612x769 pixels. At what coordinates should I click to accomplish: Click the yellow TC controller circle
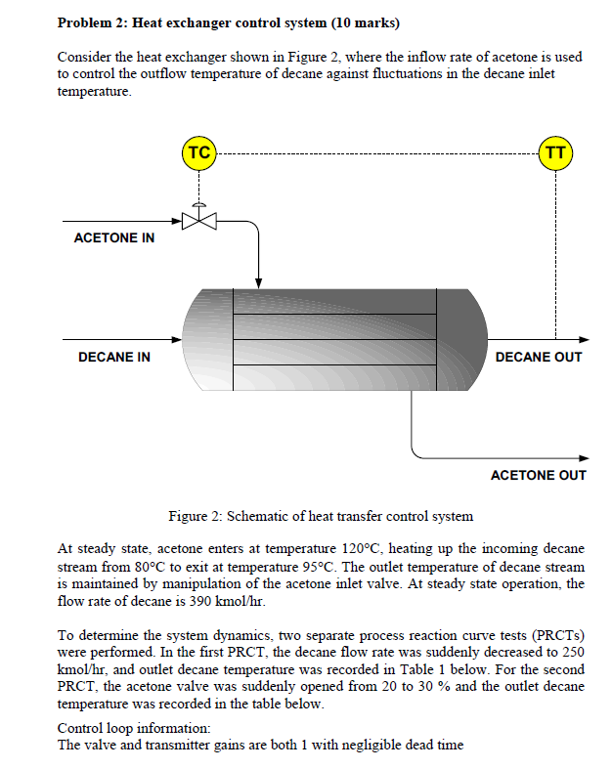point(198,153)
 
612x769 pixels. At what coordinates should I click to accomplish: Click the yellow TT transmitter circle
point(555,153)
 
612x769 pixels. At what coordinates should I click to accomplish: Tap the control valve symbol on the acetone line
point(199,221)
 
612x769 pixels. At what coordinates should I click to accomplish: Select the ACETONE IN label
point(114,238)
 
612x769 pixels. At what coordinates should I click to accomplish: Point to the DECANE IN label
point(114,358)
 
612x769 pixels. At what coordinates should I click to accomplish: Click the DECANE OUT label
point(539,358)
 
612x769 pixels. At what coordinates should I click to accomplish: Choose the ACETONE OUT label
point(538,475)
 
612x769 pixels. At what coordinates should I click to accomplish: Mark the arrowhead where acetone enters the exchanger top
point(258,282)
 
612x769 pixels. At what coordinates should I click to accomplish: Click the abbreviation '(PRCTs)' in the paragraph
point(560,635)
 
